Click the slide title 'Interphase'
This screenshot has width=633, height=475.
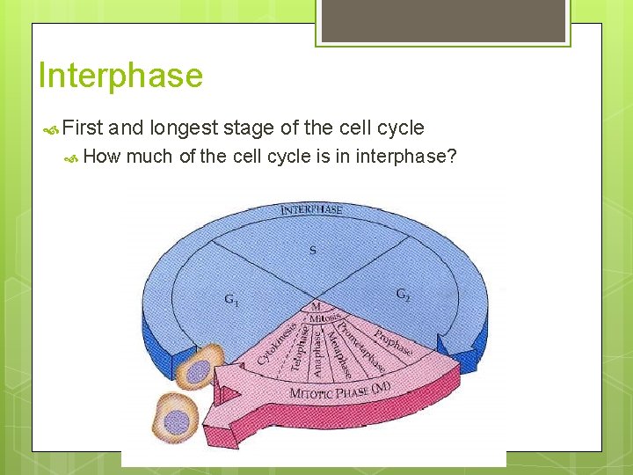point(120,76)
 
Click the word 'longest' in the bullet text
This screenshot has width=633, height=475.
point(184,128)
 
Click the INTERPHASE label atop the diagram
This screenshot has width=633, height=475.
point(311,210)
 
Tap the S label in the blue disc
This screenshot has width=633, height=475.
point(312,250)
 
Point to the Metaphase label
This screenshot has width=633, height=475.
point(331,354)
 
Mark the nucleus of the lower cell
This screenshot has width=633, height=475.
point(177,420)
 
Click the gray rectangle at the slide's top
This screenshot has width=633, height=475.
point(443,19)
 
